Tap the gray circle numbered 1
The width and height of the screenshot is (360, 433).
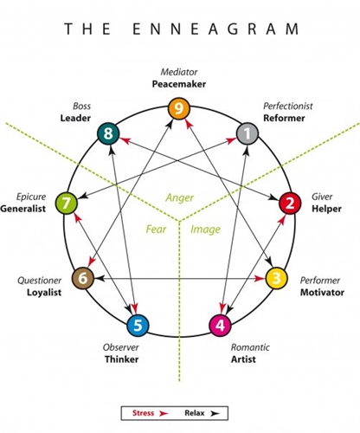coord(247,133)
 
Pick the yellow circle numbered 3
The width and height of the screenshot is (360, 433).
coord(276,278)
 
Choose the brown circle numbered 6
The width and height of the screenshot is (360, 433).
coord(82,278)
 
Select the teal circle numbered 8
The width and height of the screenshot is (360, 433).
coord(108,133)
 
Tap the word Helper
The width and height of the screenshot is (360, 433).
coord(325,210)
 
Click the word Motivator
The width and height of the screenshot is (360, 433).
coord(322,293)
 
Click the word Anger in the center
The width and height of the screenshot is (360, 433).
coord(180,197)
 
